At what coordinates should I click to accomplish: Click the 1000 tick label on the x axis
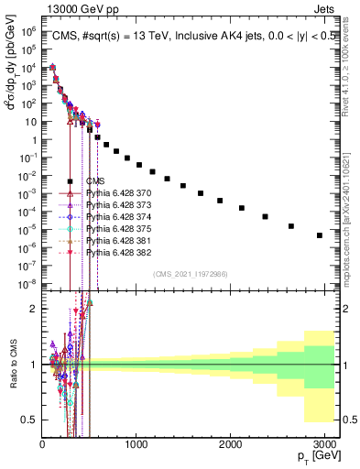(135, 444)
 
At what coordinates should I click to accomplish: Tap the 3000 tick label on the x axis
(322, 444)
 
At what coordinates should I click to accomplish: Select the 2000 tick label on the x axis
(228, 444)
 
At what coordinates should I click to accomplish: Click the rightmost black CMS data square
(319, 235)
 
